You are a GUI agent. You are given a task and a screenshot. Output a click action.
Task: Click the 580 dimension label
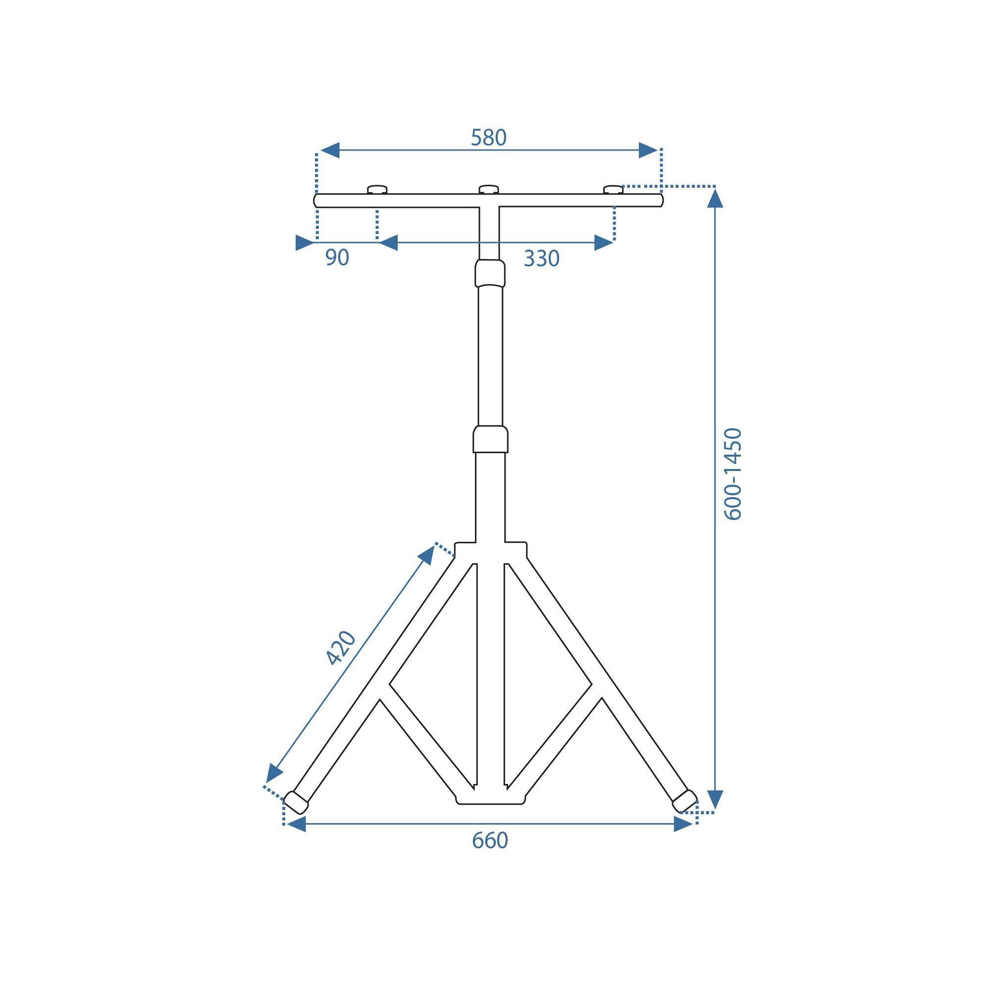click(488, 138)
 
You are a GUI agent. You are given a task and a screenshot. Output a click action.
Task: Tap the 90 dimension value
click(337, 258)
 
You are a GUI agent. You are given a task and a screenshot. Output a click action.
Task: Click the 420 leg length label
click(341, 647)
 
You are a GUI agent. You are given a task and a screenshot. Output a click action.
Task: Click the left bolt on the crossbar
click(377, 190)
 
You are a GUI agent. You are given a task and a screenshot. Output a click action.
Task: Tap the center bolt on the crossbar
click(488, 190)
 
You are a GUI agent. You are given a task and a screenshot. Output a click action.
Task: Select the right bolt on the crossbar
click(613, 190)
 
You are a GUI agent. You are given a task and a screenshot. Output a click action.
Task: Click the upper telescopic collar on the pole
click(490, 273)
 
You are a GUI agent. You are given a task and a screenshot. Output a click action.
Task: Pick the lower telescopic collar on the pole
click(490, 439)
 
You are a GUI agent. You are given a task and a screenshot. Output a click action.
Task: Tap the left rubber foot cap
click(296, 802)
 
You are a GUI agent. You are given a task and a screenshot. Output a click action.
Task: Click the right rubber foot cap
click(684, 801)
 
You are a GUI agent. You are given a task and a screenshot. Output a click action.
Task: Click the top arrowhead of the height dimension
click(715, 198)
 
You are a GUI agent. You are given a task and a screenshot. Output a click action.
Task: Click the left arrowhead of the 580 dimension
click(330, 151)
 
